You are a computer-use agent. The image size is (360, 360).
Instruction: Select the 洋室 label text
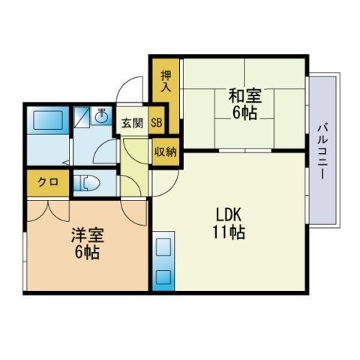(x=85, y=235)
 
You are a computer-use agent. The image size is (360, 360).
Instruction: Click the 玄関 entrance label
(x=132, y=123)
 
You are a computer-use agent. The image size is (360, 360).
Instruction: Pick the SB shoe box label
(x=157, y=123)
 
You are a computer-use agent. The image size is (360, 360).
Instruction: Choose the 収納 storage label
(x=165, y=151)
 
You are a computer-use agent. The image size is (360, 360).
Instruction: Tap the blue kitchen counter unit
(x=163, y=262)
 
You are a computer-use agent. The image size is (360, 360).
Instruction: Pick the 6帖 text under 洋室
(x=85, y=253)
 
